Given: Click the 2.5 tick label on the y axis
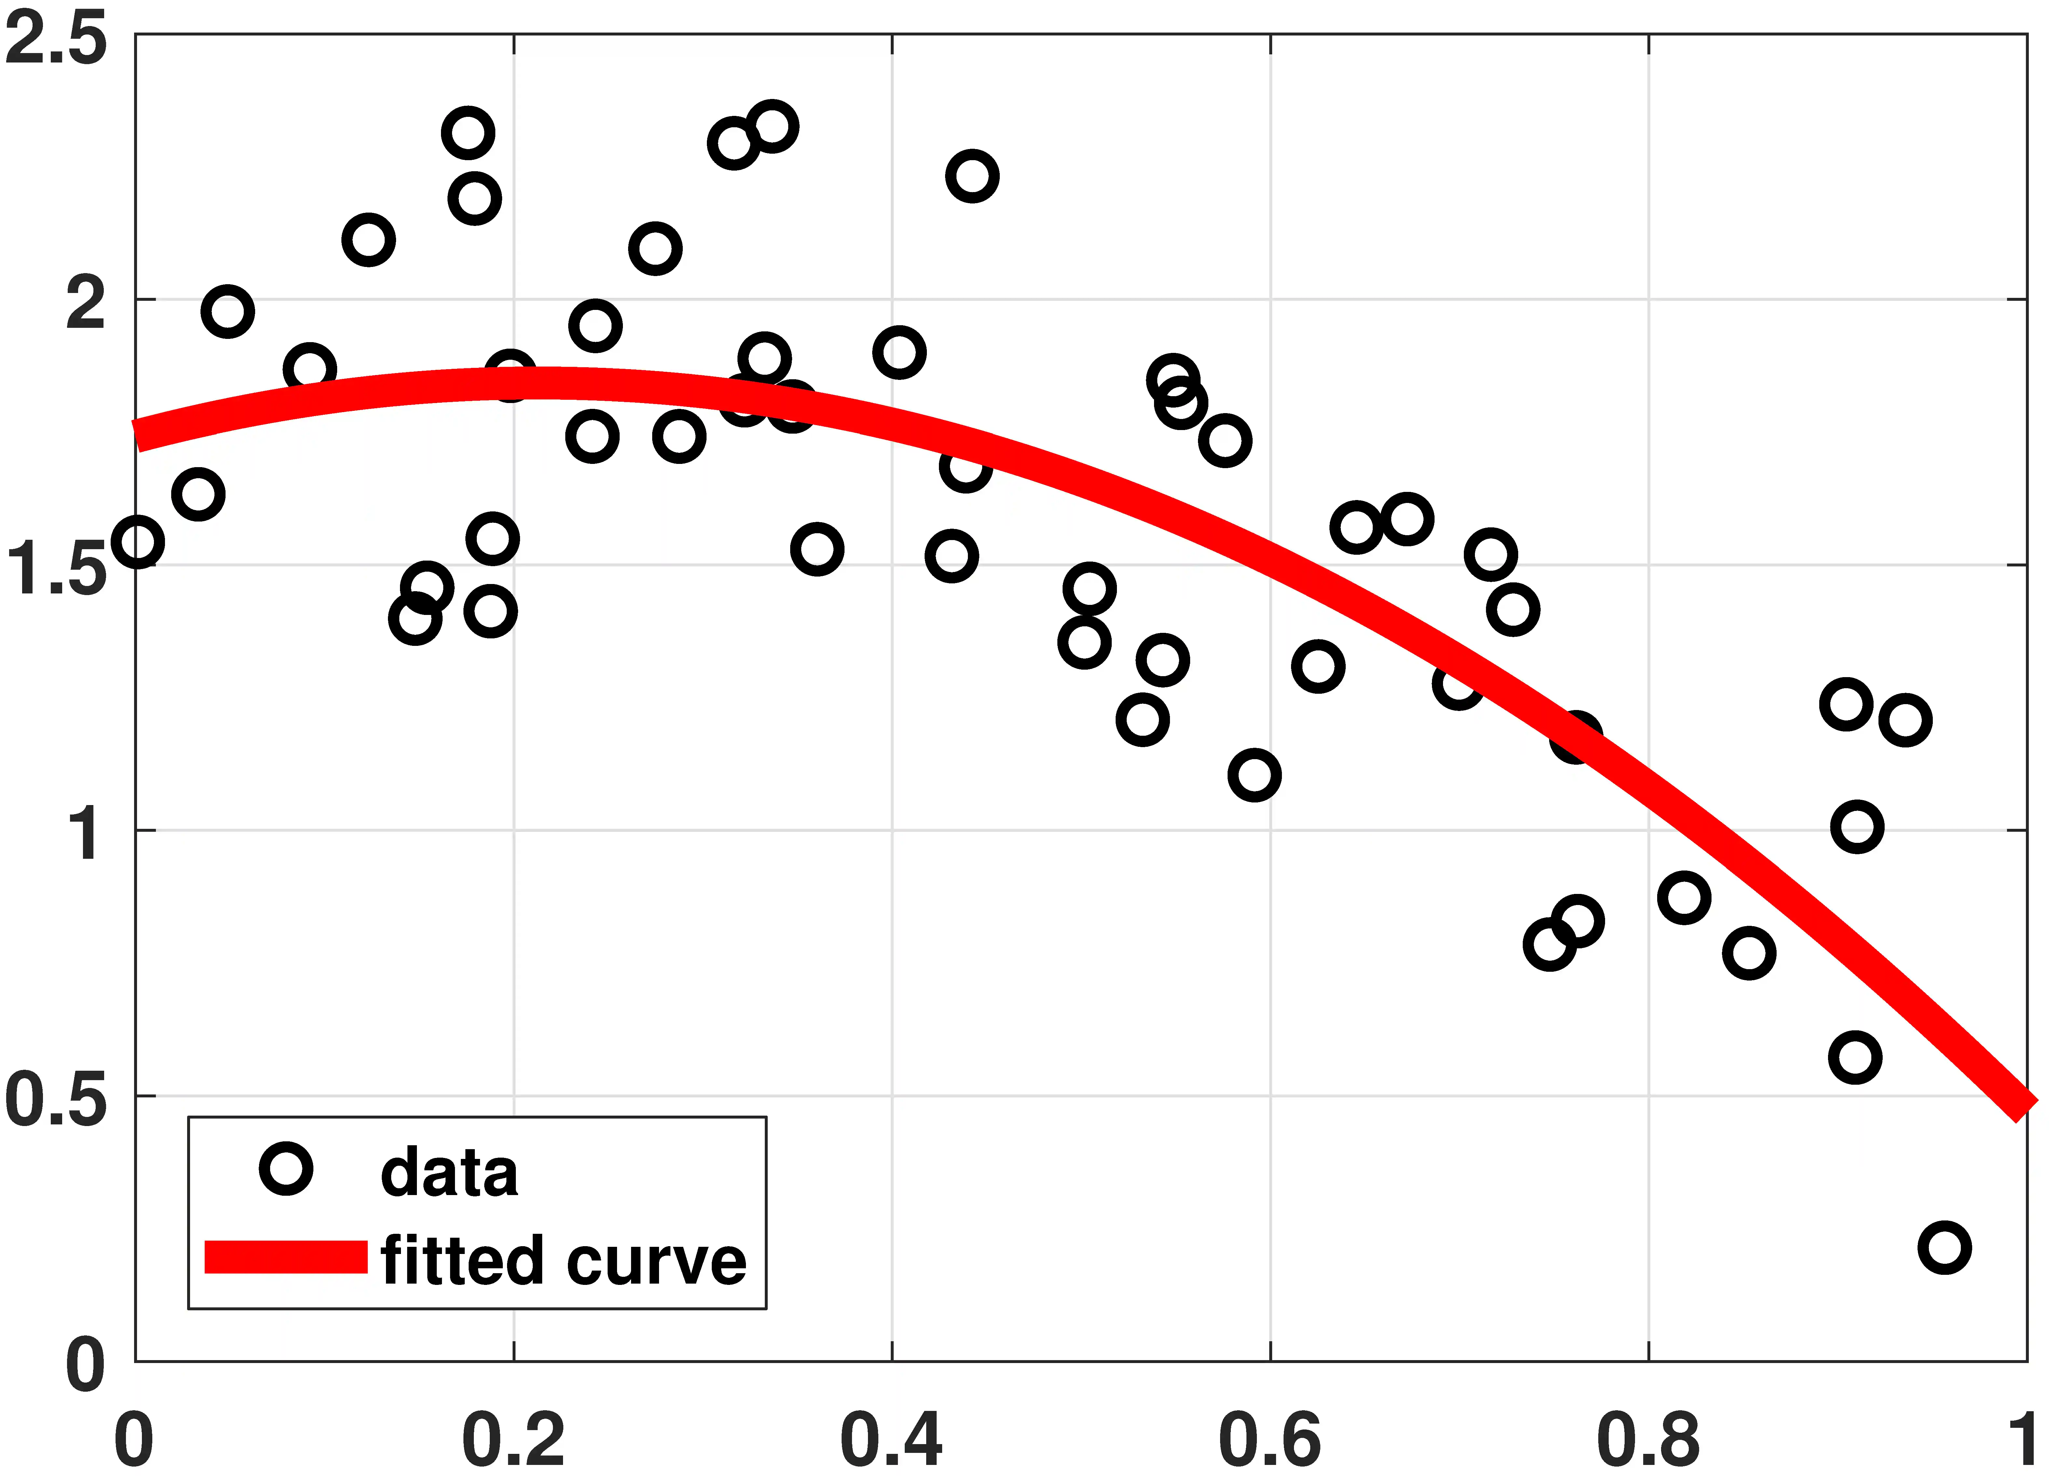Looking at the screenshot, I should pos(56,41).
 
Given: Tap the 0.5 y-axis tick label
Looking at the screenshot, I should pos(56,1101).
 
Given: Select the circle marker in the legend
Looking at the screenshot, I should pos(286,1169).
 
